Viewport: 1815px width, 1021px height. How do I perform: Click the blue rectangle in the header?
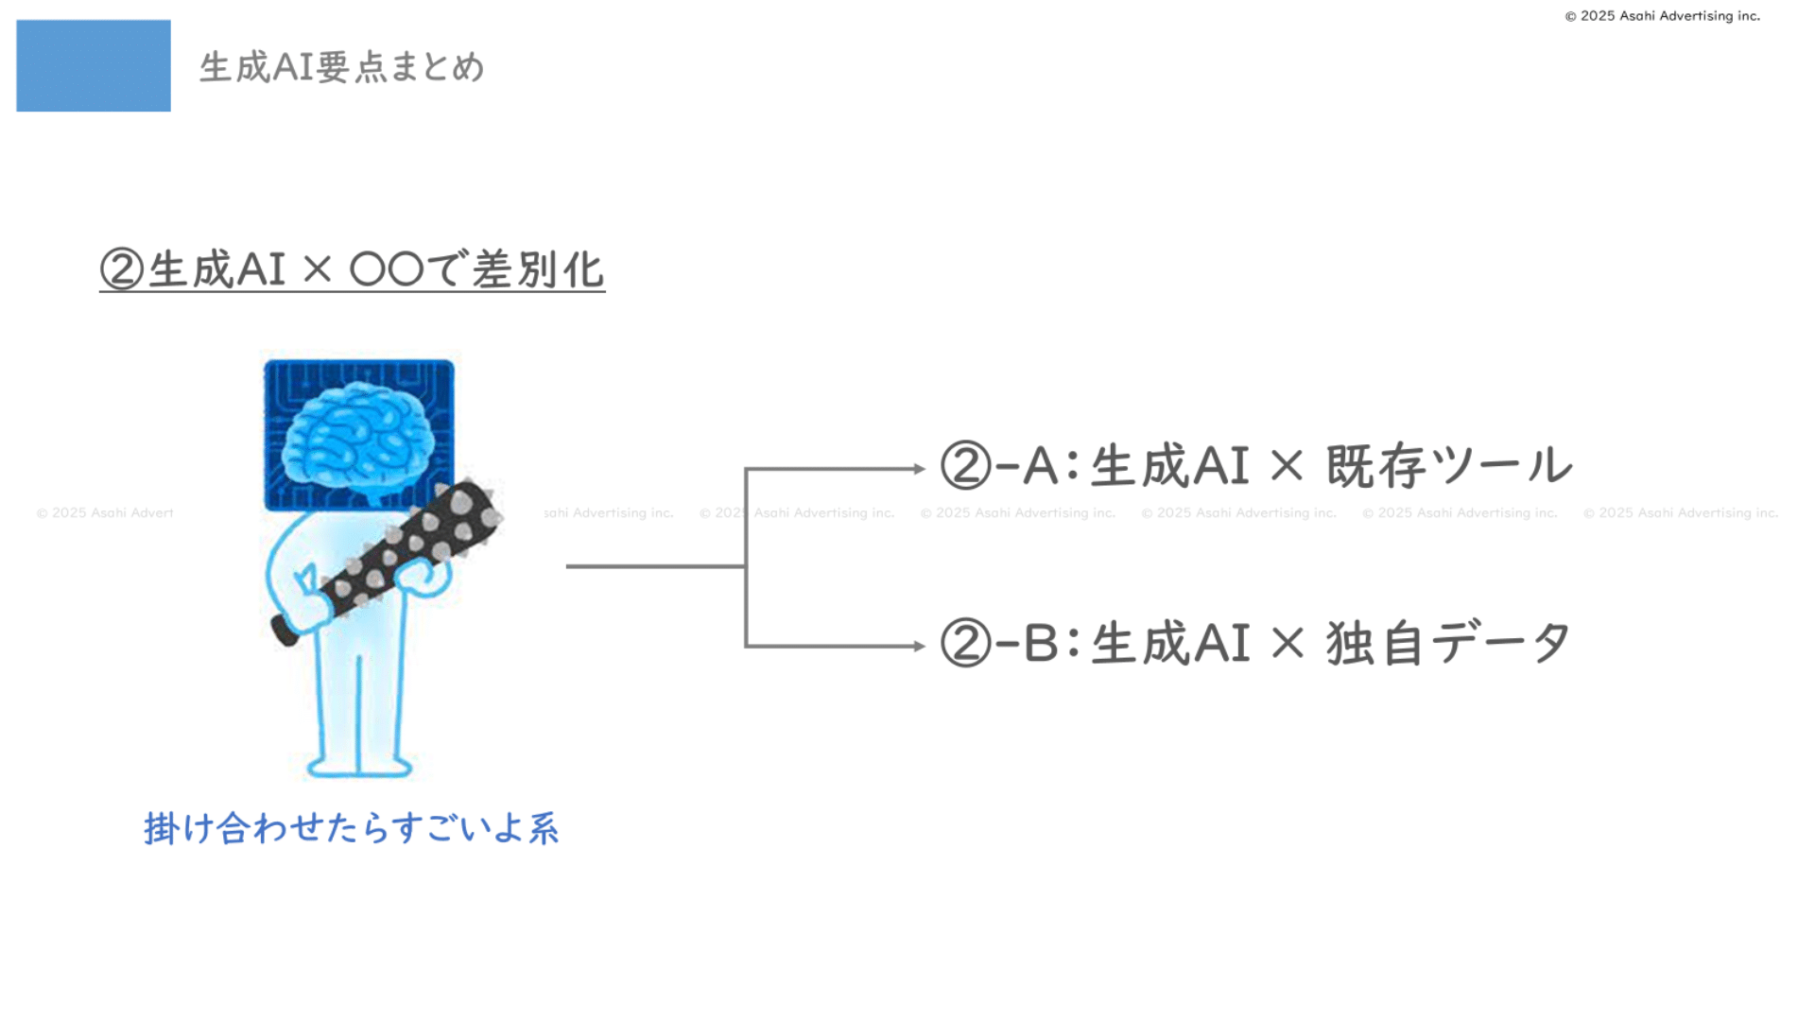click(x=94, y=65)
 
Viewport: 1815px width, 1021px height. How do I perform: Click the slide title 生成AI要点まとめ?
click(x=341, y=67)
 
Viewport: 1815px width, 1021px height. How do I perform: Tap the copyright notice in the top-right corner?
click(x=1662, y=16)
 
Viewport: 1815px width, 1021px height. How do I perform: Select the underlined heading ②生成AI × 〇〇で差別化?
click(x=352, y=269)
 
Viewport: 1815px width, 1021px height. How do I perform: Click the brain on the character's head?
click(x=359, y=435)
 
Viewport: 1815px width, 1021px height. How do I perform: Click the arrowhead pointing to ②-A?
click(x=918, y=469)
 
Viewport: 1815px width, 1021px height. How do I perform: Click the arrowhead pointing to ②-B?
click(x=918, y=647)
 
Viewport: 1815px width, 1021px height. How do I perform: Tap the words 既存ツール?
click(x=1448, y=466)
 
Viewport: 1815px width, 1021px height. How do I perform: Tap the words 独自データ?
click(x=1448, y=644)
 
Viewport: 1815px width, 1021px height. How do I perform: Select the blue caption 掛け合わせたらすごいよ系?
click(x=351, y=828)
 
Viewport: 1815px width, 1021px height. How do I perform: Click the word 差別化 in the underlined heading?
click(x=537, y=270)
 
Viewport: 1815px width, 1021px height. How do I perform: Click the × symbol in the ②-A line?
click(x=1287, y=466)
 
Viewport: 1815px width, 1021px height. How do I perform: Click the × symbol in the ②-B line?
click(x=1287, y=644)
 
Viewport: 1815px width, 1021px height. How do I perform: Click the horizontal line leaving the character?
click(x=654, y=566)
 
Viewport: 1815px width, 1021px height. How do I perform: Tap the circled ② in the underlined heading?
click(x=122, y=269)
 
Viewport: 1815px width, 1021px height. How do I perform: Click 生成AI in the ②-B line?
click(x=1170, y=644)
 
